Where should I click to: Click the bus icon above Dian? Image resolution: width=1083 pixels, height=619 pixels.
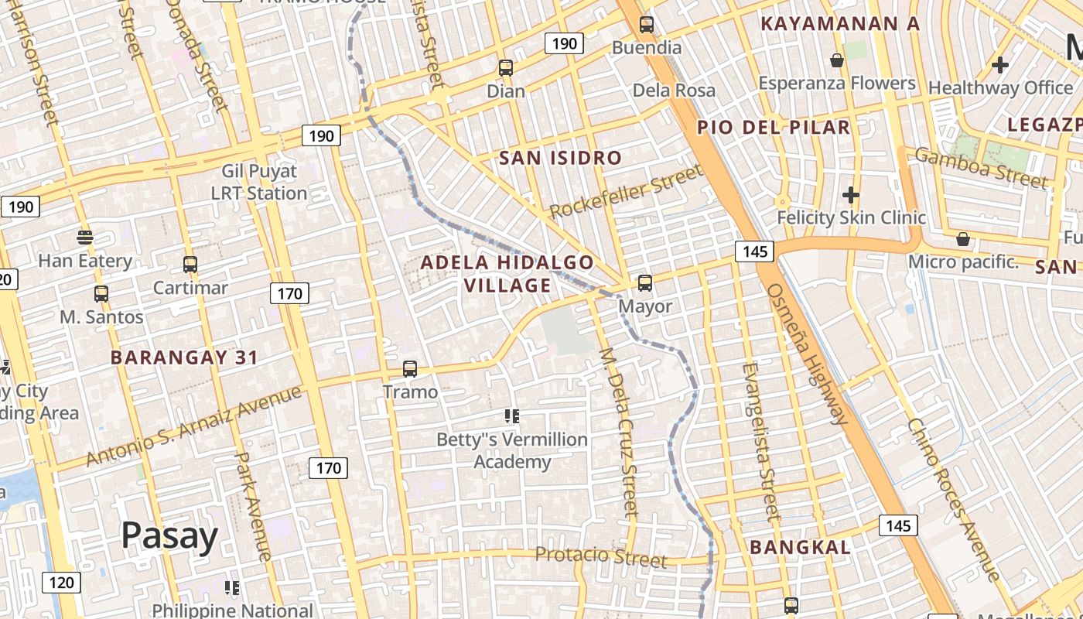coord(506,68)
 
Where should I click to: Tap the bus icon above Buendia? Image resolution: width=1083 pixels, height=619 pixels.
coord(647,25)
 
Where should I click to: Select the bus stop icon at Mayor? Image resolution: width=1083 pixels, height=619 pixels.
coord(645,283)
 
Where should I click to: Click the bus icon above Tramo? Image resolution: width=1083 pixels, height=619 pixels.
coord(410,369)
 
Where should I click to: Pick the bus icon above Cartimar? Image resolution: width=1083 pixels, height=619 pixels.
coord(190,265)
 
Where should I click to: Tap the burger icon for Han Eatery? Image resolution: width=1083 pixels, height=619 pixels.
coord(85,237)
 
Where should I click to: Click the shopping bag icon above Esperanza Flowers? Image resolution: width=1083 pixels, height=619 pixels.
coord(836,60)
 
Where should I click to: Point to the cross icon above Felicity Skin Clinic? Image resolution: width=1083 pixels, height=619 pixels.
coord(851,194)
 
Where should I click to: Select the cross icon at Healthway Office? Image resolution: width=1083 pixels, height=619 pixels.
coord(1000,65)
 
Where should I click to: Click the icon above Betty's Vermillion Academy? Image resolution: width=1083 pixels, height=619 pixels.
coord(511,416)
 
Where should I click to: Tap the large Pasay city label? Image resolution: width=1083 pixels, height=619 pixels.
coord(169,535)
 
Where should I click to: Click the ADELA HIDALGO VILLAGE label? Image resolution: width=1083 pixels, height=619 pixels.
coord(507,274)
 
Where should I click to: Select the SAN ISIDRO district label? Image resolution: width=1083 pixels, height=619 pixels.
coord(560,159)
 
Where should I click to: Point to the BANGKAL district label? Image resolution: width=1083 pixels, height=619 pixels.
coord(801,548)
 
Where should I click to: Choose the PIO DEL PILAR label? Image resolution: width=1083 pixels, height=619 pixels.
coord(774,127)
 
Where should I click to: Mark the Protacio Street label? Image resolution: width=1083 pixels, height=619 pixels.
coord(601,556)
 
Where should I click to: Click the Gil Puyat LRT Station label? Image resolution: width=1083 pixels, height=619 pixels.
coord(259,182)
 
